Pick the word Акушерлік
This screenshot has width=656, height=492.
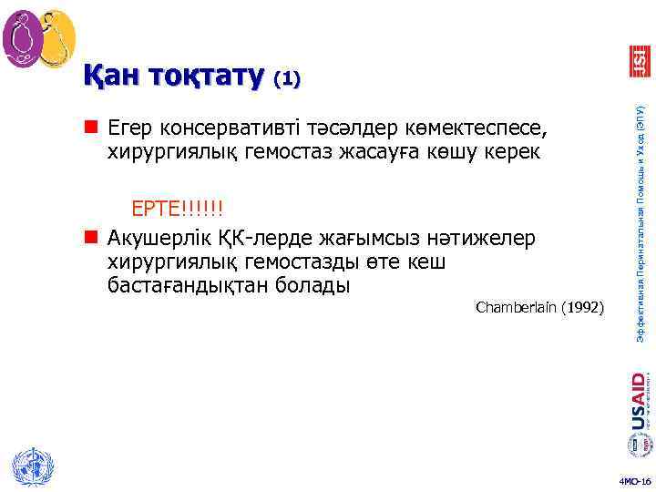coord(152,240)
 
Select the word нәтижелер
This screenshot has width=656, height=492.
coord(491,240)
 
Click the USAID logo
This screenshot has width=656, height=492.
coord(639,401)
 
